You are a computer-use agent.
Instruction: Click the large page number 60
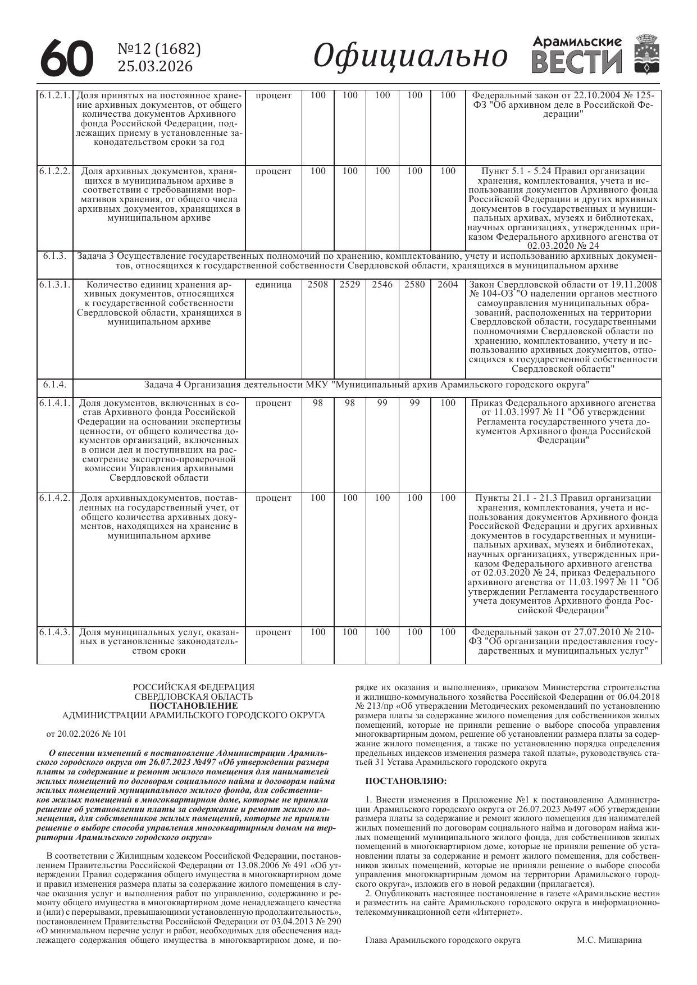click(66, 58)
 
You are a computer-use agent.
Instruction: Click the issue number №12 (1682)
click(159, 49)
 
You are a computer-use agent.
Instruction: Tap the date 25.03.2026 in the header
click(154, 66)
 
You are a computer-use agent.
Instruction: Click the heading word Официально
click(411, 56)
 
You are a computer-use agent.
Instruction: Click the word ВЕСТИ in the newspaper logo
click(577, 61)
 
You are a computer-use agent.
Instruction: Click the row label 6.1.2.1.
click(55, 95)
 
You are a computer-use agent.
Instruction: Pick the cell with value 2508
click(318, 285)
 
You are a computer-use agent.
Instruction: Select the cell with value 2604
click(448, 285)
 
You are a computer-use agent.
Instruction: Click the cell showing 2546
click(382, 285)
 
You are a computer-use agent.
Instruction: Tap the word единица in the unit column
click(274, 285)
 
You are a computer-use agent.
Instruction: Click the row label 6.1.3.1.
click(55, 285)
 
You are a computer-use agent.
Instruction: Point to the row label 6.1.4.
click(55, 385)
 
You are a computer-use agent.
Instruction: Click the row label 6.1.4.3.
click(55, 632)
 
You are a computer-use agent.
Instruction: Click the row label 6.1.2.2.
click(55, 171)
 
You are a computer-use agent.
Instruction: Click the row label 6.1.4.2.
click(55, 498)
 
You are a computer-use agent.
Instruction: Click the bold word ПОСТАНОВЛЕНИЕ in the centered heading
click(194, 705)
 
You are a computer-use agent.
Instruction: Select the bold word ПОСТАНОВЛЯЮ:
click(406, 781)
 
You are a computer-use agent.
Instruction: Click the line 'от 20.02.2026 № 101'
click(86, 733)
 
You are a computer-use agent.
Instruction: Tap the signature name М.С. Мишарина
click(609, 940)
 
